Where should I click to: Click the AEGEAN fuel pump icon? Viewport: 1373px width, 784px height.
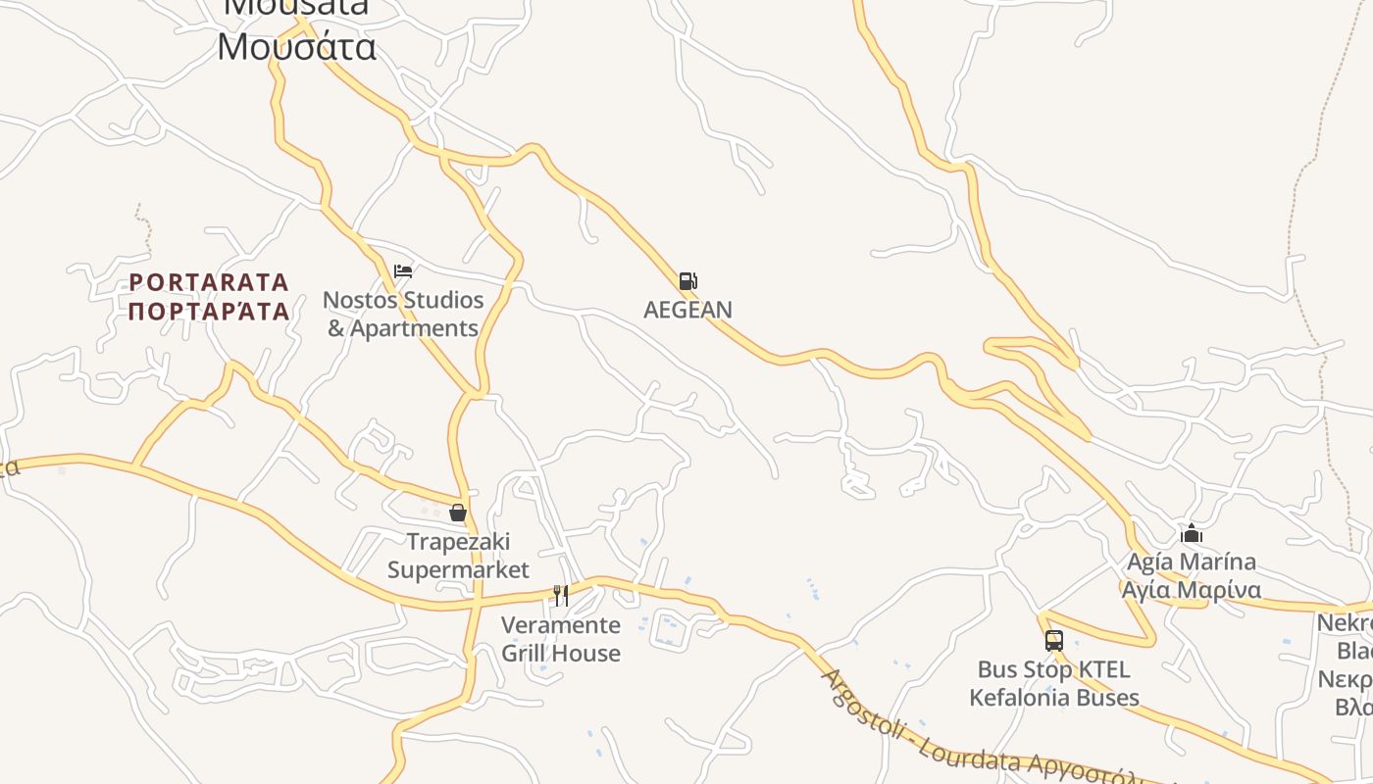[687, 281]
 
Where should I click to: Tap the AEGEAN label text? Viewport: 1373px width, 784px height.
[687, 310]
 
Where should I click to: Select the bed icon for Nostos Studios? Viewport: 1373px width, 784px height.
[402, 271]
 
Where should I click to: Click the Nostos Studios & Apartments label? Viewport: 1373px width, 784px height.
[403, 314]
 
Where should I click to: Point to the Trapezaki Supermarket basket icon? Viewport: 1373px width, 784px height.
[457, 513]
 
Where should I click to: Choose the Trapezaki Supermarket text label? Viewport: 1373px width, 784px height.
[458, 556]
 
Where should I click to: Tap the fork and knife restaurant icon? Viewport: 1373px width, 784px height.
[561, 595]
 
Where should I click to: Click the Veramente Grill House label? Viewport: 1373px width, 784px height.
[561, 639]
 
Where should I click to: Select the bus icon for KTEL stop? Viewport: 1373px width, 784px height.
[1054, 641]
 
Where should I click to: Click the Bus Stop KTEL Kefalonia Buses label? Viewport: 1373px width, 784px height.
[1054, 684]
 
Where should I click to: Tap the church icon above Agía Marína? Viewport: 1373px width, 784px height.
[1192, 534]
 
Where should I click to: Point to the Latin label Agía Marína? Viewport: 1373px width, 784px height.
[1192, 563]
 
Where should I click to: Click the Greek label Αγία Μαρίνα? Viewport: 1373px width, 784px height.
[1192, 590]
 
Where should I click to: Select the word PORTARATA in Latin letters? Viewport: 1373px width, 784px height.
[209, 283]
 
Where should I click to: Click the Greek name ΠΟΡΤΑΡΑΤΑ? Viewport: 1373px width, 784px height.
[209, 312]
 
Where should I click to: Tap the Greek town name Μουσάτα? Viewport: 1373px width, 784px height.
[296, 47]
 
